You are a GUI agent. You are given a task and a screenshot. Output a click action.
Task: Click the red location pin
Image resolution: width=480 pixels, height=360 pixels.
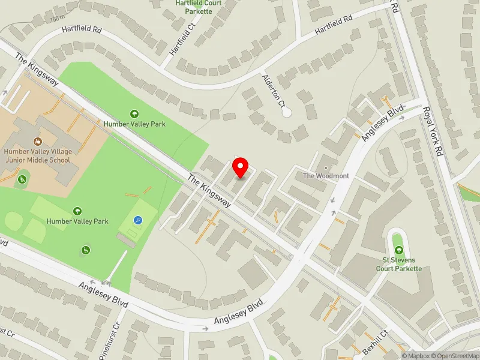[241, 167]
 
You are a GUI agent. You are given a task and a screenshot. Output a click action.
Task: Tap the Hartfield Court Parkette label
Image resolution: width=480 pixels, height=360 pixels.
[199, 7]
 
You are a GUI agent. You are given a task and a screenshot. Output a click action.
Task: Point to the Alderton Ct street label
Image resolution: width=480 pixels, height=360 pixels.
[273, 90]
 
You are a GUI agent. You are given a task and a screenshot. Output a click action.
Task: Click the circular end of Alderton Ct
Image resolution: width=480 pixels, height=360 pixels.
[287, 112]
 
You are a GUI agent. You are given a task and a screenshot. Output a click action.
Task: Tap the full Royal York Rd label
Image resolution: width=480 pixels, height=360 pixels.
[433, 131]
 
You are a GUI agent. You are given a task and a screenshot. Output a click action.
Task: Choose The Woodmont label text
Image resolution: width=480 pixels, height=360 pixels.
[325, 176]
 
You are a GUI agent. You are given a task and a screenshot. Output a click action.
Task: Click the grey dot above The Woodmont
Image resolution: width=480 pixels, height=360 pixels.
[326, 167]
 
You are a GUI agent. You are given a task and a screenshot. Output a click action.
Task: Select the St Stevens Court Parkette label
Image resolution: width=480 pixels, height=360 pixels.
[398, 264]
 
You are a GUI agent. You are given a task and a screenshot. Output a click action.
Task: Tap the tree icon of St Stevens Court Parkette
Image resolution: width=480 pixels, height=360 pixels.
[397, 249]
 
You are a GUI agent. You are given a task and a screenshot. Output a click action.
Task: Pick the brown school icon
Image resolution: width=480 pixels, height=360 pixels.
[38, 142]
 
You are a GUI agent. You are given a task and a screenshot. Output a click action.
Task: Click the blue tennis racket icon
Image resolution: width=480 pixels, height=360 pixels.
[139, 220]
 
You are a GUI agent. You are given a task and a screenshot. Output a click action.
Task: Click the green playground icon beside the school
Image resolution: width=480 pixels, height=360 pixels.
[23, 179]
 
